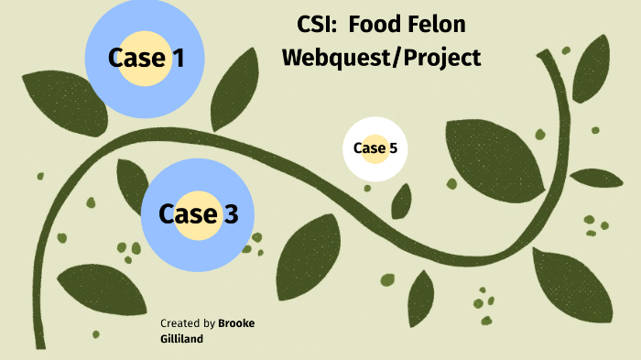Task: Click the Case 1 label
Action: tap(146, 58)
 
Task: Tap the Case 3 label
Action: tap(198, 213)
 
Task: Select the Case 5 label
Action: tap(375, 148)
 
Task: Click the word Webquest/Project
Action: tap(381, 57)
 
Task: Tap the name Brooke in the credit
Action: tap(237, 323)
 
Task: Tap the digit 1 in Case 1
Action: tap(178, 58)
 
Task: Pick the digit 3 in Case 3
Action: tap(230, 213)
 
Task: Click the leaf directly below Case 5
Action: tap(401, 201)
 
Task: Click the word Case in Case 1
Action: tap(136, 58)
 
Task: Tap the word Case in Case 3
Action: tap(189, 213)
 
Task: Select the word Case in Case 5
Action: tap(369, 148)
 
